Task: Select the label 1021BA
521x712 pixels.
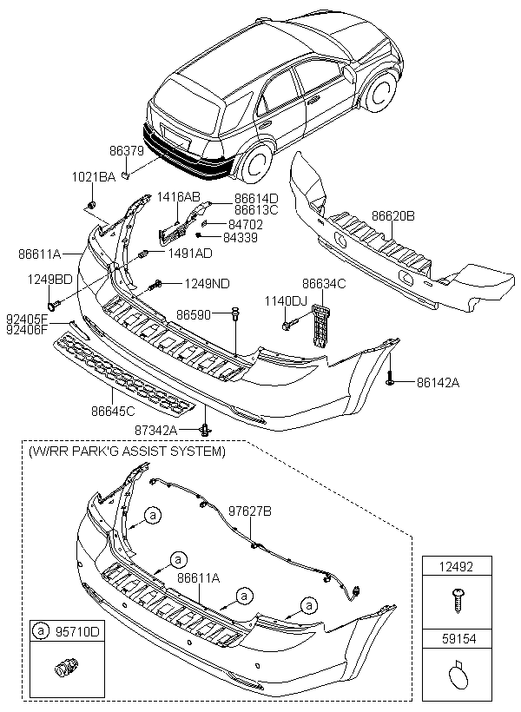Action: tap(93, 177)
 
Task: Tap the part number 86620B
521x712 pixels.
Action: tap(393, 214)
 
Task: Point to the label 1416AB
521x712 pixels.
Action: tap(179, 197)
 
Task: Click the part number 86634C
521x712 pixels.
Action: tap(324, 283)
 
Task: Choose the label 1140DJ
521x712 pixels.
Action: tap(286, 300)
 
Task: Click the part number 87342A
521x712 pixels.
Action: tap(155, 430)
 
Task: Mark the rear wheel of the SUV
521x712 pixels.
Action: tap(254, 164)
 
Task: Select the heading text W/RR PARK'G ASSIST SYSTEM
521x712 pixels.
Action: tap(127, 452)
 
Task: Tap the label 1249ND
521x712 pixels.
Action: tap(207, 283)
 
